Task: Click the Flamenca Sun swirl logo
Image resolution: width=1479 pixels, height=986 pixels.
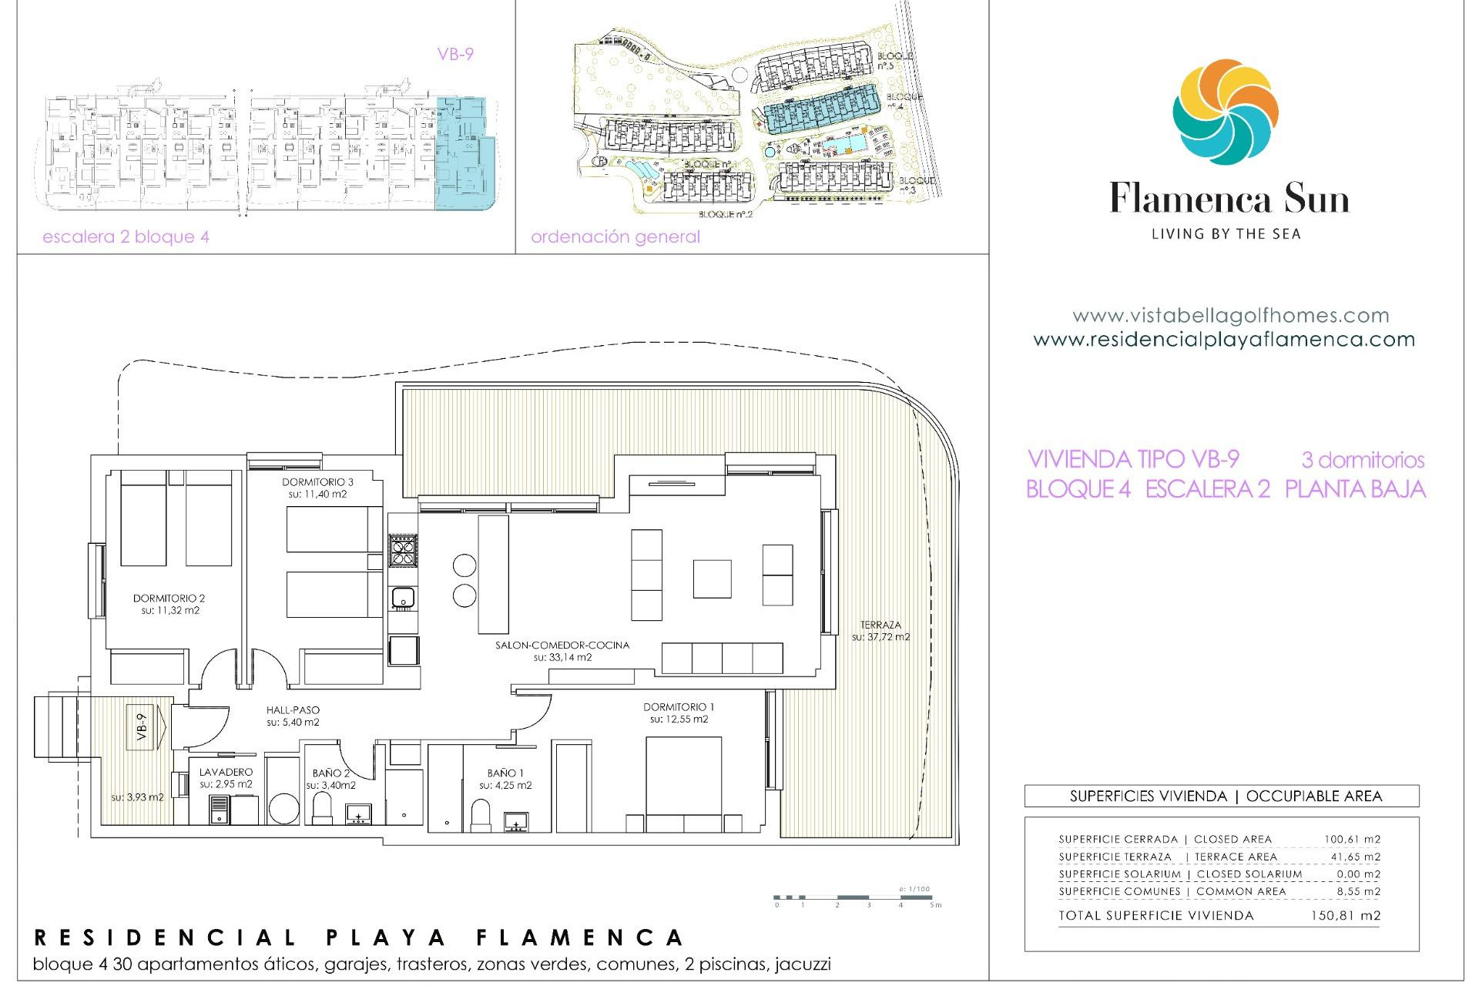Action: (1226, 112)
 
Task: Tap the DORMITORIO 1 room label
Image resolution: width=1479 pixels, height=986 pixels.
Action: (679, 707)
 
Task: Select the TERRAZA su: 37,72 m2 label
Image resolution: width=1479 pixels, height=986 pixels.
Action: (880, 631)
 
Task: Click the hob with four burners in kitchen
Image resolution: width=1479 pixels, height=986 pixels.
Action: (403, 550)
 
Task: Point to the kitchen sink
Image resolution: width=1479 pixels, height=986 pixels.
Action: (403, 597)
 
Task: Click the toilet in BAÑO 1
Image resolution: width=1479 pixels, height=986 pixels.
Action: (481, 815)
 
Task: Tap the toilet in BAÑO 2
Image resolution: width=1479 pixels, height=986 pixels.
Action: (321, 808)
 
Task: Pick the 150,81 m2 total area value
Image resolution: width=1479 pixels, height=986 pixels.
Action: (1345, 916)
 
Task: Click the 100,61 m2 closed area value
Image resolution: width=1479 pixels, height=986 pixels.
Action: (1352, 840)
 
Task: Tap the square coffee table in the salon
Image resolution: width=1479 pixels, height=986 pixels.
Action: (712, 579)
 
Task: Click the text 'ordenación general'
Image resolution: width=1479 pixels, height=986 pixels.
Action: (615, 236)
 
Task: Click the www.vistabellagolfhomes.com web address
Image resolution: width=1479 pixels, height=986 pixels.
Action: (1230, 315)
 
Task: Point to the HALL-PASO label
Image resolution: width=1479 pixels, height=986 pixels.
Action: (293, 710)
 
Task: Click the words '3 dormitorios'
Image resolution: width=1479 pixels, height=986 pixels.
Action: (1363, 460)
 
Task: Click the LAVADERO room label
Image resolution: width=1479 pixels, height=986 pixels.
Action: (226, 772)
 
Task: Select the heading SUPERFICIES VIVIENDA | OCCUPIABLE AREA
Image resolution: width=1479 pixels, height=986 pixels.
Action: (1226, 797)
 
